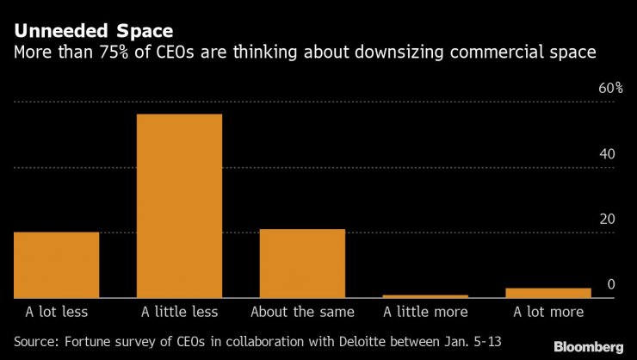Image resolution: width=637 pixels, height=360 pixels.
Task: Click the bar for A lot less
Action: point(56,264)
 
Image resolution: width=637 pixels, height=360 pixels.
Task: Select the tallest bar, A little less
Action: point(179,206)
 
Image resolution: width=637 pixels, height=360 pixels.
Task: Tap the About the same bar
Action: point(302,263)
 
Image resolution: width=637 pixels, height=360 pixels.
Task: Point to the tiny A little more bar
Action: point(425,296)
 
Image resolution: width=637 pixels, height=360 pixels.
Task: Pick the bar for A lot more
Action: point(548,293)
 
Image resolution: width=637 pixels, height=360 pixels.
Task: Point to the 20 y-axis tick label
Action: point(607,220)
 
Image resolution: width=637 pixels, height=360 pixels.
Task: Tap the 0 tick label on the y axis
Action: point(611,284)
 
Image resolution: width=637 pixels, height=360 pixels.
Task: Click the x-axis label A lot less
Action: point(56,311)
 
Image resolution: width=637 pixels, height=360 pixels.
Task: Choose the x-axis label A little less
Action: point(179,311)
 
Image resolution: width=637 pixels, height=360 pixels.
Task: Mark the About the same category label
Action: point(302,311)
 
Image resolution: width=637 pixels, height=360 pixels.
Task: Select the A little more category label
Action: point(425,311)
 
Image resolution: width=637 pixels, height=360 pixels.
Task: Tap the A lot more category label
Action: point(548,311)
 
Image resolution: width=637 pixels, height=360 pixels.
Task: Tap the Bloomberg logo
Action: point(584,346)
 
